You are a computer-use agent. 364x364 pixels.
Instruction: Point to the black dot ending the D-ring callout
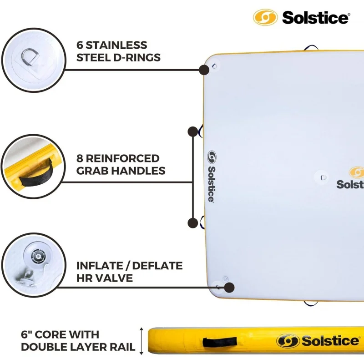(204, 70)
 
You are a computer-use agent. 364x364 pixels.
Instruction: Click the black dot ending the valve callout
(229, 287)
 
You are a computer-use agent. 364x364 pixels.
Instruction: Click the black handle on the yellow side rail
(220, 342)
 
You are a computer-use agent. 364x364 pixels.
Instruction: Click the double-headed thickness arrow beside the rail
(142, 340)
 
